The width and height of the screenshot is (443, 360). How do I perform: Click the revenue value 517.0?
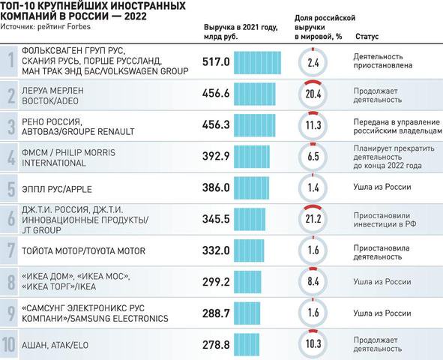tap(216, 62)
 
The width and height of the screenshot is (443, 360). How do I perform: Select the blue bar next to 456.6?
tap(255, 94)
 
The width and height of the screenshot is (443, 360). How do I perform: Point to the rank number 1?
tap(10, 60)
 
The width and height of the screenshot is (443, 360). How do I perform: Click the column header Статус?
tap(367, 37)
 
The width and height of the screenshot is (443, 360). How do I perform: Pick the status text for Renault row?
tap(397, 126)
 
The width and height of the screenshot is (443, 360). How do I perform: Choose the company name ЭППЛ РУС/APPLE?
tap(57, 189)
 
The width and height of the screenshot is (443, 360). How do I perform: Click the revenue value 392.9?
tap(216, 156)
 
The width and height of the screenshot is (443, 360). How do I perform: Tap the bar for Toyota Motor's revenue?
tap(249, 250)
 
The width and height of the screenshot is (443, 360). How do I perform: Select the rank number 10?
tap(9, 344)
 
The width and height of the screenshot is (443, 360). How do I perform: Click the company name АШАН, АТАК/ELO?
tap(55, 345)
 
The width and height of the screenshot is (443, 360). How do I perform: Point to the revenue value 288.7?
tap(216, 313)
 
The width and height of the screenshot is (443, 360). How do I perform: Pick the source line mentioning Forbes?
tap(46, 26)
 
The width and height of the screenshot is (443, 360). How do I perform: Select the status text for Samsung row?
tap(382, 313)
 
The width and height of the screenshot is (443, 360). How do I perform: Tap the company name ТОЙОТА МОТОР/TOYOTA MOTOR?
tap(83, 251)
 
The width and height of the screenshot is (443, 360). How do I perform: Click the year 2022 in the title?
tap(136, 16)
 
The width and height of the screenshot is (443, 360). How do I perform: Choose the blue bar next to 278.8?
tap(247, 345)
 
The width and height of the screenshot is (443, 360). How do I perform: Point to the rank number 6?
tap(11, 219)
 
